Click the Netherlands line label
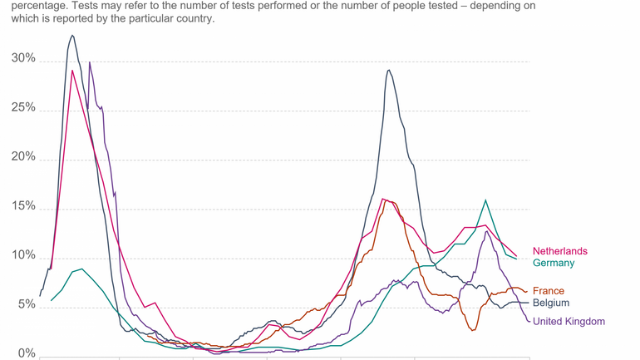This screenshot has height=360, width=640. pos(559,251)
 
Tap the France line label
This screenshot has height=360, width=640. pos(549,291)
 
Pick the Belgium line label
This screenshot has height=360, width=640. pos(551,303)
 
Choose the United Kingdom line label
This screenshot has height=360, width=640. pos(569,321)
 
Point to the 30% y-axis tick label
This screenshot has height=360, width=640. pos(23,59)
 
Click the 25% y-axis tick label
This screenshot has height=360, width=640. pos(23,108)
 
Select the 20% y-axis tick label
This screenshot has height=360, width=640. pos(23,157)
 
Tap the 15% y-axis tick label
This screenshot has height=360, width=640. pos(23,206)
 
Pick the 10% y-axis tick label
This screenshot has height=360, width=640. pos(23,256)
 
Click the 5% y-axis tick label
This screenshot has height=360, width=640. pos(27,305)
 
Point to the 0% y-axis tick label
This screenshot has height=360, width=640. pos(27,353)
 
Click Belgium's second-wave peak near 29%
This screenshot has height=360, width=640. pos(388,70)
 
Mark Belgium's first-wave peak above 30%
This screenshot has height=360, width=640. pos(72,35)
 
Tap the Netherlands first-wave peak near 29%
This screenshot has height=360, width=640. pos(72,71)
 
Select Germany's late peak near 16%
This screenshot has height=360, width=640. pos(485,200)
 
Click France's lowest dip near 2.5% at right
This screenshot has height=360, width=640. pos(473,330)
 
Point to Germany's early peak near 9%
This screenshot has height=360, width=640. pos(81,269)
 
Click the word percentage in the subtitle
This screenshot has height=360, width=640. pos(31,5)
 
